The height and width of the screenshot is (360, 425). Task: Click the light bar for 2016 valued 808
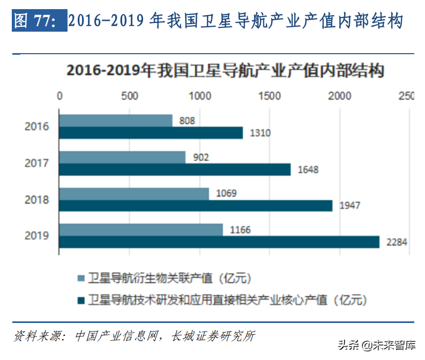point(116,121)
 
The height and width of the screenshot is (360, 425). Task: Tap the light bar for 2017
point(122,157)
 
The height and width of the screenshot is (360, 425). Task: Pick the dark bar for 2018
point(196,205)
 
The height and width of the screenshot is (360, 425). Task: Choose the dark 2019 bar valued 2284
point(219,242)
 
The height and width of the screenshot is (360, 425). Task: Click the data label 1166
point(239,230)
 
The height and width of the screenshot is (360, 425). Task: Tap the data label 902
point(200,157)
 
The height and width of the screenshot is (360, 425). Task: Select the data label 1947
point(349,205)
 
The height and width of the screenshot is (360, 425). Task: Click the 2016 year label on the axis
point(36,127)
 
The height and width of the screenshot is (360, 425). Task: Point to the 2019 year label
point(36,236)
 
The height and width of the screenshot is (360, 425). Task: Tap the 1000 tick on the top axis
point(200,96)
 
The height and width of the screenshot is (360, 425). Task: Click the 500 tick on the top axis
point(130,96)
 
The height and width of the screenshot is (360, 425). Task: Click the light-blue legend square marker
point(81,278)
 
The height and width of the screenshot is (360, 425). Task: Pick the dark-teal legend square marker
point(81,299)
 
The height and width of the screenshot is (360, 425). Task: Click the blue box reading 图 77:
point(39,20)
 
